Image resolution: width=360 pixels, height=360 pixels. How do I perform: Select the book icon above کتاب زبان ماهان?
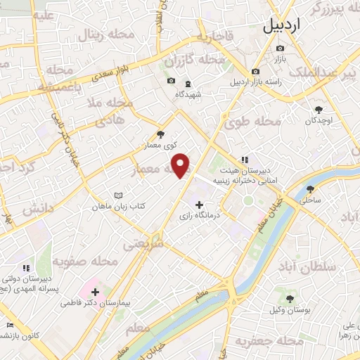[118, 195]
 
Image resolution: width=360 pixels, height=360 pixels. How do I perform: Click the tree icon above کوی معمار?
[161, 134]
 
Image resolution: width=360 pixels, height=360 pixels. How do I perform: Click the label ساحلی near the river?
[311, 200]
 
